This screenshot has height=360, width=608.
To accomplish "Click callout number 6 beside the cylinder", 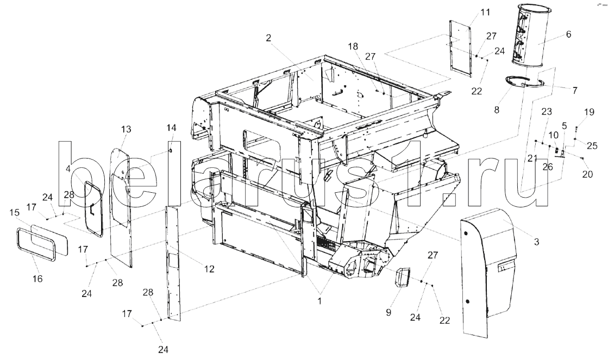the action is tap(568, 34).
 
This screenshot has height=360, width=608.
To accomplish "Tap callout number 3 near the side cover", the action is tap(536, 242).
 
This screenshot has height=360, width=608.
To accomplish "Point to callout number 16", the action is tap(37, 278).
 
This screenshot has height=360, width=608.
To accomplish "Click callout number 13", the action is tap(127, 129).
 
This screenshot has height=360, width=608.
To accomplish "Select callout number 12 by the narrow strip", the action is tap(209, 269).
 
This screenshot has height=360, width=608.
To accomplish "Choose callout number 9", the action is tap(388, 312).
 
